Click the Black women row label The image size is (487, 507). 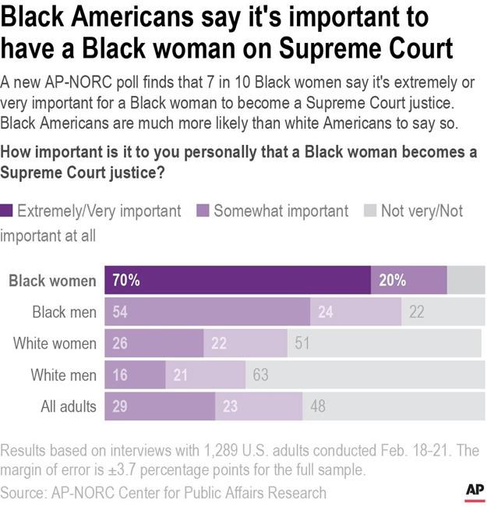[52, 281]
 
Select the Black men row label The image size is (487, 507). [65, 312]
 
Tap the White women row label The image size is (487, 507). [55, 343]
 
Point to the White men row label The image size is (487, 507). [64, 374]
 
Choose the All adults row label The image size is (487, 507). [69, 406]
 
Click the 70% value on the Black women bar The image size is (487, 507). [125, 281]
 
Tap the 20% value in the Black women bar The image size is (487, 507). [392, 281]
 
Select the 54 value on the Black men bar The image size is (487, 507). [121, 312]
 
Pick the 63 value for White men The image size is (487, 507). [260, 375]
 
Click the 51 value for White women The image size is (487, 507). [302, 343]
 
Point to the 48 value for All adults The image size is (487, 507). [318, 406]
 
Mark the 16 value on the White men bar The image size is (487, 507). [120, 375]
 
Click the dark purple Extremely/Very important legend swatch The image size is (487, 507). [7, 211]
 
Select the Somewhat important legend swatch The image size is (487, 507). [203, 211]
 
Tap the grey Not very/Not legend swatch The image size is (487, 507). [370, 211]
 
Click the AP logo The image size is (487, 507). [475, 489]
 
